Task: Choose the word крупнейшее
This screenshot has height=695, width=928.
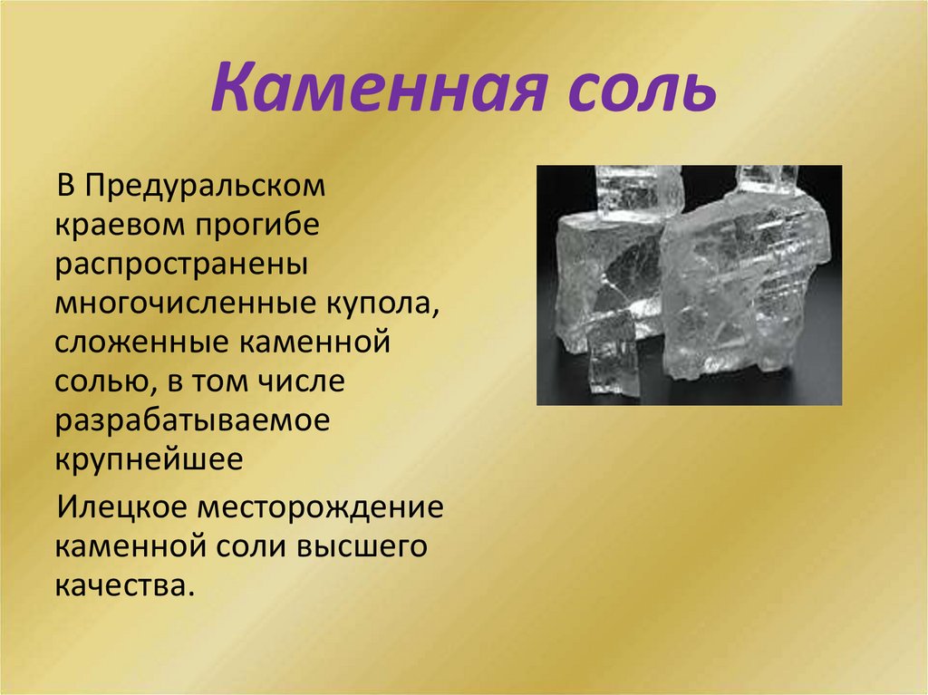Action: coord(149,461)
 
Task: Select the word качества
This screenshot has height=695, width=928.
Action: coord(124,584)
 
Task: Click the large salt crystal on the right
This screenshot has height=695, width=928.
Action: coord(743,281)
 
